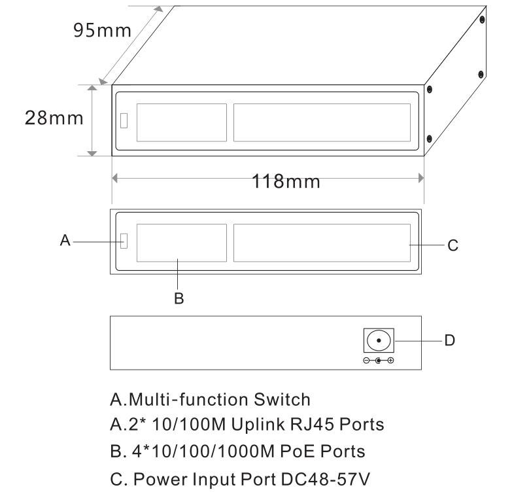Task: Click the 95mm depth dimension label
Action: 102,30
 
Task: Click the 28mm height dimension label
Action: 54,118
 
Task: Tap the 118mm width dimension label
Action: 286,181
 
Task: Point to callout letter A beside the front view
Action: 65,240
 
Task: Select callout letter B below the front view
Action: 179,298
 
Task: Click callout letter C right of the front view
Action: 453,245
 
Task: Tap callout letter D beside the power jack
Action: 449,340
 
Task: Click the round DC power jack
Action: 379,340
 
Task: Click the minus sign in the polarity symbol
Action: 366,361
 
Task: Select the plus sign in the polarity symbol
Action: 390,361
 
